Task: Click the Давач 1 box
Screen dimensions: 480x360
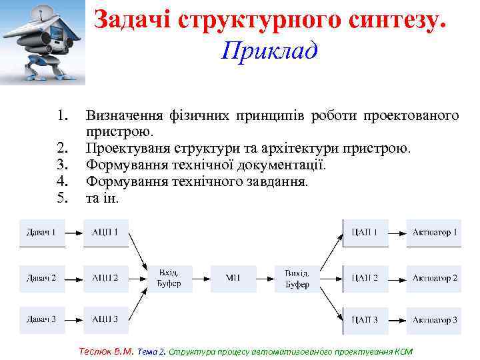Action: click(42, 233)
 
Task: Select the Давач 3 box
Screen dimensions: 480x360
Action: click(42, 320)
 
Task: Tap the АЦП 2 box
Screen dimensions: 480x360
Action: click(105, 277)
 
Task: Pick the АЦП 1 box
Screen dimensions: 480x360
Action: click(105, 233)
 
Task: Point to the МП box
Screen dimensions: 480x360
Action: click(233, 277)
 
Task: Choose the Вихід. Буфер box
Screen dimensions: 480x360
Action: click(297, 277)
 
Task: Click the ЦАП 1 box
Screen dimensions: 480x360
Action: click(365, 233)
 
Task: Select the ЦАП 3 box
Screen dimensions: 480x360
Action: click(365, 320)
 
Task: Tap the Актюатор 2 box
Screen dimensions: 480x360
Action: click(435, 277)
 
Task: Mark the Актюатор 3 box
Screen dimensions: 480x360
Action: click(435, 320)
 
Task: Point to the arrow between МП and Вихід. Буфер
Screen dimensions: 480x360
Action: click(265, 277)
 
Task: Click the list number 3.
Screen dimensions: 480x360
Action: click(63, 164)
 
